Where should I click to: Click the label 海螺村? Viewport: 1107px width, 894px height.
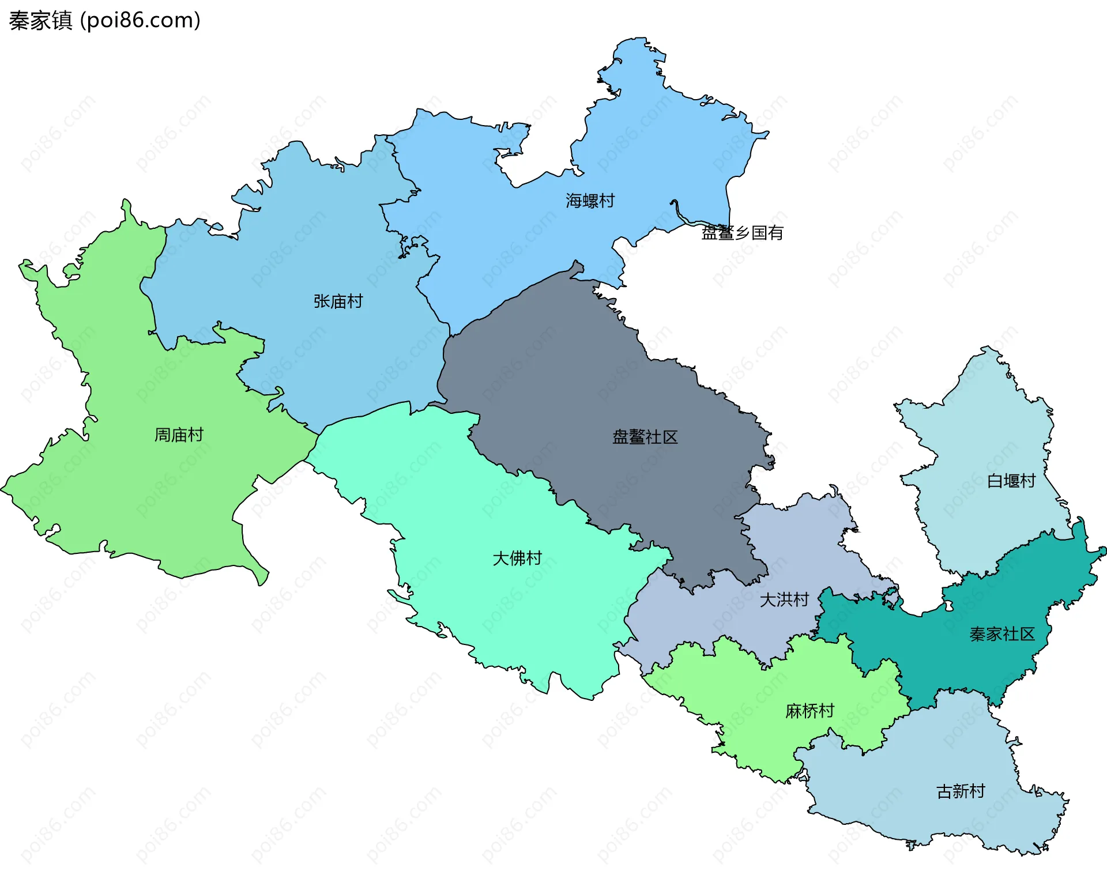point(590,201)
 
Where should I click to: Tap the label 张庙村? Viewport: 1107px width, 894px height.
point(338,301)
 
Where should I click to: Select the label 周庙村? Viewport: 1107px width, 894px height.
point(179,435)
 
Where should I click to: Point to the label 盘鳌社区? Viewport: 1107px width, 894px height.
point(645,437)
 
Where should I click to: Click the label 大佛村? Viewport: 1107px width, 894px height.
point(517,558)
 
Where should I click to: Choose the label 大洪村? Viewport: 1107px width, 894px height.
point(784,600)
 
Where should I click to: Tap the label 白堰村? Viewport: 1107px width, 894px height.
point(1011,481)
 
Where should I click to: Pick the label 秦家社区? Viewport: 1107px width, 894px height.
point(1002,635)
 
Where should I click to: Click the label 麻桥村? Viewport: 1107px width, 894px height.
point(809,711)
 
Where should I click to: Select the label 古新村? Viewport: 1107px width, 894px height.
point(961,791)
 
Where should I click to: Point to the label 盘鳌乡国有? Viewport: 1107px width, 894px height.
point(742,233)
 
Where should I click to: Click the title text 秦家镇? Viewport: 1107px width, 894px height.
point(40,21)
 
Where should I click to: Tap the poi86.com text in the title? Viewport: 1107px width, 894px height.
point(140,21)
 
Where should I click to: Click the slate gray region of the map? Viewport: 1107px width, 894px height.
point(577,392)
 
